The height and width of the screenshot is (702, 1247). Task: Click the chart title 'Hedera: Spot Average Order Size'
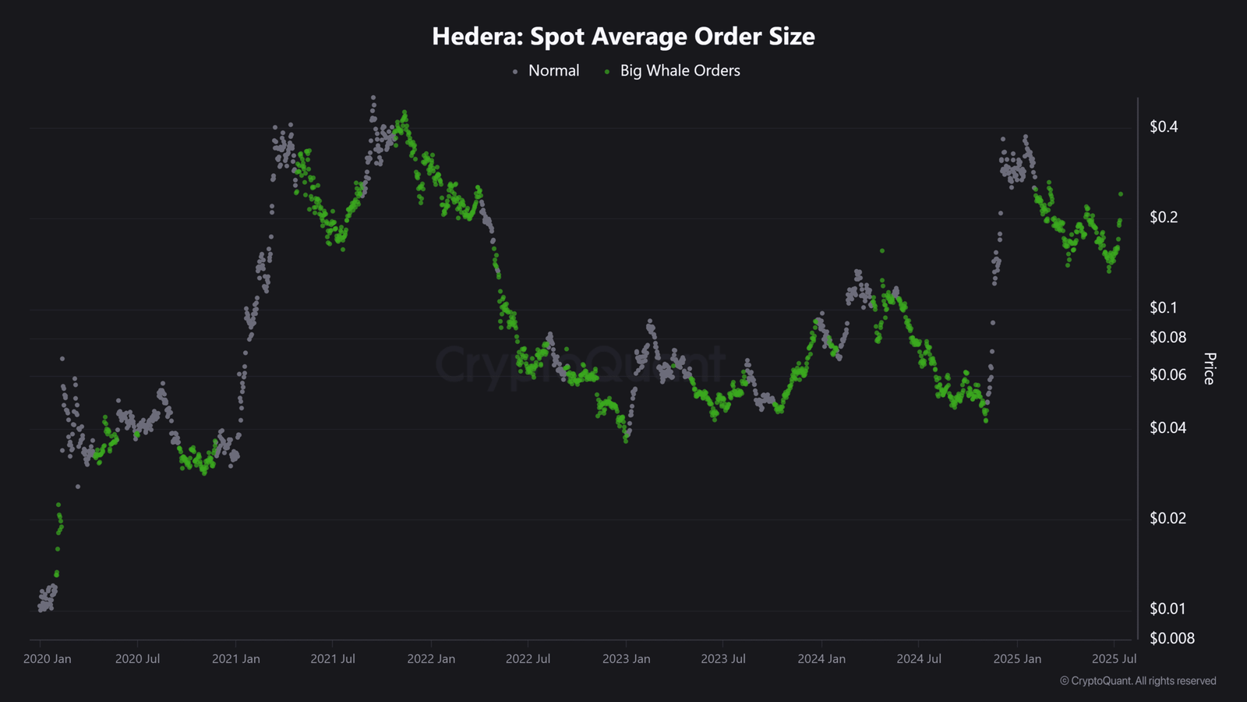[x=623, y=37]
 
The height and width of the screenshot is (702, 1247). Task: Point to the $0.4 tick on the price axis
[x=1164, y=127]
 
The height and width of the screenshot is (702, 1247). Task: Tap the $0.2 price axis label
[x=1164, y=218]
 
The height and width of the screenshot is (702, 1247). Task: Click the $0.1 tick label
[x=1164, y=308]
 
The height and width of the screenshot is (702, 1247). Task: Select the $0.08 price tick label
[x=1168, y=338]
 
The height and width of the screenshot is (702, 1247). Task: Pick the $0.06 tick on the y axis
[x=1168, y=375]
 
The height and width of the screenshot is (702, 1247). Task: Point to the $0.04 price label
[x=1168, y=428]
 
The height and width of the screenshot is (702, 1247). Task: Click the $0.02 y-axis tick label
[x=1168, y=519]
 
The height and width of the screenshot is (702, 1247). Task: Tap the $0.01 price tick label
[x=1168, y=609]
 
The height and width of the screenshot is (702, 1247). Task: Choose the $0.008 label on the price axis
[x=1171, y=639]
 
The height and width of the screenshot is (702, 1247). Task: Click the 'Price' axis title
[x=1210, y=368]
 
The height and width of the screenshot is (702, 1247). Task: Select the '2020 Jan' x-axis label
[x=48, y=659]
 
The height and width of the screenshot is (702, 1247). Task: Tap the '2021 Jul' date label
[x=333, y=659]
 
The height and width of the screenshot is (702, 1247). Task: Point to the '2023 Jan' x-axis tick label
[x=626, y=659]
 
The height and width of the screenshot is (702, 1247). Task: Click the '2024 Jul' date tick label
[x=919, y=659]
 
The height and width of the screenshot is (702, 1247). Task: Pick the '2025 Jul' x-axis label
[x=1114, y=659]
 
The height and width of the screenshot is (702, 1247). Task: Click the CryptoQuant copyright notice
[x=1138, y=681]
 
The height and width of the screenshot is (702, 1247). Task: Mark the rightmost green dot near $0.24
[x=1121, y=194]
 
